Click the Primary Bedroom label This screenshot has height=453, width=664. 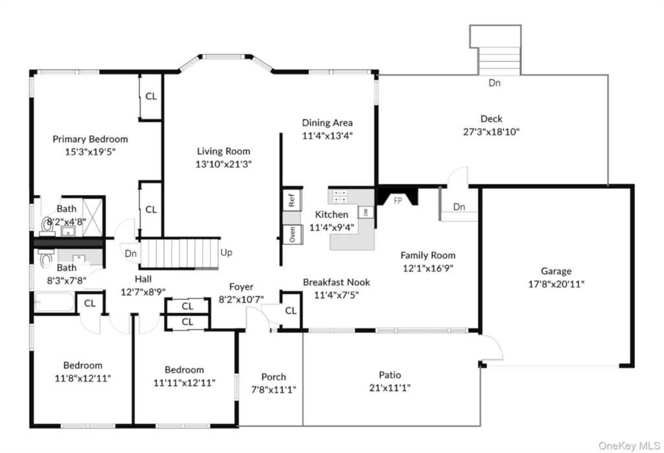coord(90,139)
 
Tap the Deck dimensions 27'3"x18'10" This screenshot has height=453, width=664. coord(492,132)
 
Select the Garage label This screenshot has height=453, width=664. coord(556,271)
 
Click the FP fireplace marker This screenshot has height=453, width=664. coord(397,201)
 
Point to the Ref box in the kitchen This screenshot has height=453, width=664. coord(291,200)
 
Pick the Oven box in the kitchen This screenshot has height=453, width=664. coord(292,235)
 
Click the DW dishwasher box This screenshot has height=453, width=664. coord(366,212)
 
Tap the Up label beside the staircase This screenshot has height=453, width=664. coord(226,253)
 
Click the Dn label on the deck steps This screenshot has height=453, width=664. coord(495,83)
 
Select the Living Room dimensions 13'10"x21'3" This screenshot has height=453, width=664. coord(224,164)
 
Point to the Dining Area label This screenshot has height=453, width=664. coord(327,122)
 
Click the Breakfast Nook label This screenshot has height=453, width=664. coord(337,283)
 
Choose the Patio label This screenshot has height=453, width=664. coord(390,375)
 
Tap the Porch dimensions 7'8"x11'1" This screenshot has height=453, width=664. coord(274,389)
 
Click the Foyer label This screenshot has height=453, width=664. coord(241,287)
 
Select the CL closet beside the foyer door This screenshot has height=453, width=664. coord(290,311)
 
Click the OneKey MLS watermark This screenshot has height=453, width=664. coord(629,446)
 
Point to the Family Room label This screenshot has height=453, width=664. coord(428,255)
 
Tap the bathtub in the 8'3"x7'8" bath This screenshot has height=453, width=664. coord(54,302)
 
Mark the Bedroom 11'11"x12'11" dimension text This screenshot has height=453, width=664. coord(184,383)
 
